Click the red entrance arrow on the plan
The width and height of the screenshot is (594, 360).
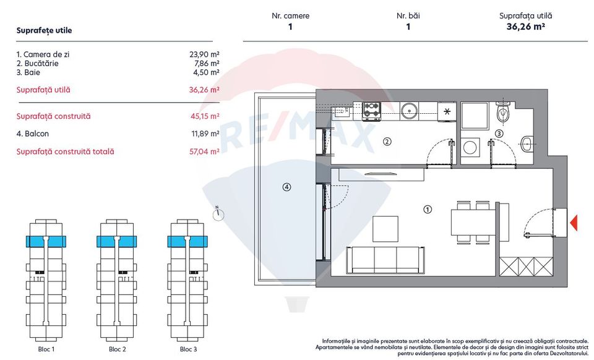574,223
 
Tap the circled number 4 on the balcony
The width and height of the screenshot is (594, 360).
286,187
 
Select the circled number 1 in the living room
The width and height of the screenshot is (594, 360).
427,209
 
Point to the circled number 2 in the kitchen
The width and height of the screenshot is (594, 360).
387,142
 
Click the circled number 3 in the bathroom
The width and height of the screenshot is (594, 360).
499,132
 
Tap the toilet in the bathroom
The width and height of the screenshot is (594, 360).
504,113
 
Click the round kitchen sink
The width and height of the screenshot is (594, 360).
409,111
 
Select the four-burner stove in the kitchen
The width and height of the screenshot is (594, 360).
371,110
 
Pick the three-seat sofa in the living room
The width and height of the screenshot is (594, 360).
385,260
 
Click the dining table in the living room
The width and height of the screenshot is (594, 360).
474,221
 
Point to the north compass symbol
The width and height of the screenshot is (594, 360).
218,215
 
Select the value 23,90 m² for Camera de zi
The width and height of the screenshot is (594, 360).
204,54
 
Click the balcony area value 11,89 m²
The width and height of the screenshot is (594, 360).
204,134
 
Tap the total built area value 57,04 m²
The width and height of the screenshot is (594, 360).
204,152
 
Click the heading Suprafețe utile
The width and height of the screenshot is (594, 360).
44,30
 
